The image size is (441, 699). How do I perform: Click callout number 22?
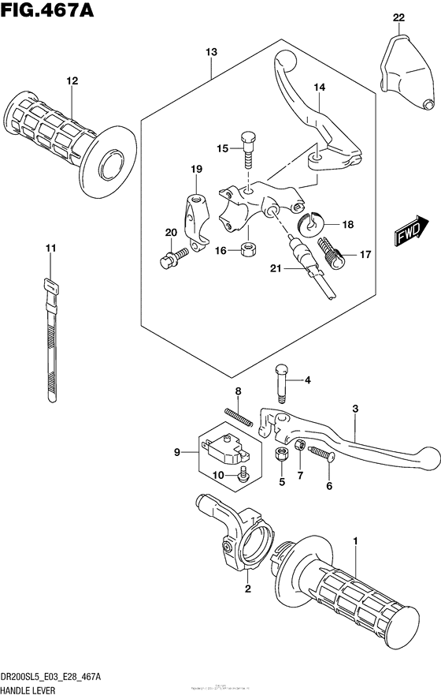pyautogui.click(x=399, y=17)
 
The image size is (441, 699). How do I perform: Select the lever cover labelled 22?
pyautogui.click(x=406, y=72)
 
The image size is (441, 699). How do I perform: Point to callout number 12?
pyautogui.click(x=72, y=80)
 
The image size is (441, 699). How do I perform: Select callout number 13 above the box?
pyautogui.click(x=211, y=52)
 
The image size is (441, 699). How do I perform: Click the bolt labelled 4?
pyautogui.click(x=282, y=383)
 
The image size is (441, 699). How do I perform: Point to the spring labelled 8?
pyautogui.click(x=238, y=416)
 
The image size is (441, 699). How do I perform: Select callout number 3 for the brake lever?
pyautogui.click(x=355, y=409)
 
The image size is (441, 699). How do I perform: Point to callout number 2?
pyautogui.click(x=246, y=589)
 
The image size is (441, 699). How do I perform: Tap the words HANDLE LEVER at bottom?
pyautogui.click(x=32, y=689)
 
